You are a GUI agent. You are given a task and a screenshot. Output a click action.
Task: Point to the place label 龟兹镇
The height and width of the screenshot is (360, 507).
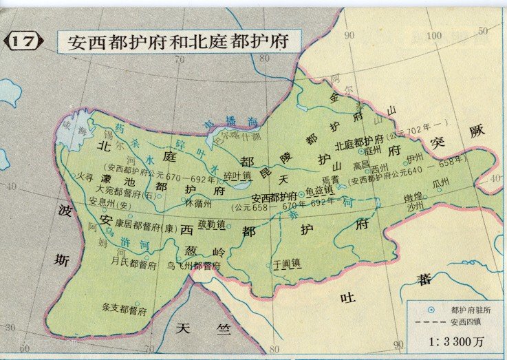click(x=319, y=189)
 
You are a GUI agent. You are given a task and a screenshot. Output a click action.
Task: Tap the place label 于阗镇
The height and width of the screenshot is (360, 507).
click(x=287, y=262)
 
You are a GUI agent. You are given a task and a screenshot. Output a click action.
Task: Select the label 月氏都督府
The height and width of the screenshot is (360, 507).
click(x=134, y=262)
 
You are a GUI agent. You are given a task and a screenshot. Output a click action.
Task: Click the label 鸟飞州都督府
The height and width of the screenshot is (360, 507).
click(x=193, y=266)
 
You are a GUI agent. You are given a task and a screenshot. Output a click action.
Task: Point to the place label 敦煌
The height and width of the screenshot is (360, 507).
click(x=414, y=195)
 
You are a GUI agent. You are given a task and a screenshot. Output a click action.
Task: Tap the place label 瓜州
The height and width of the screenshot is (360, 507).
click(x=440, y=182)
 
